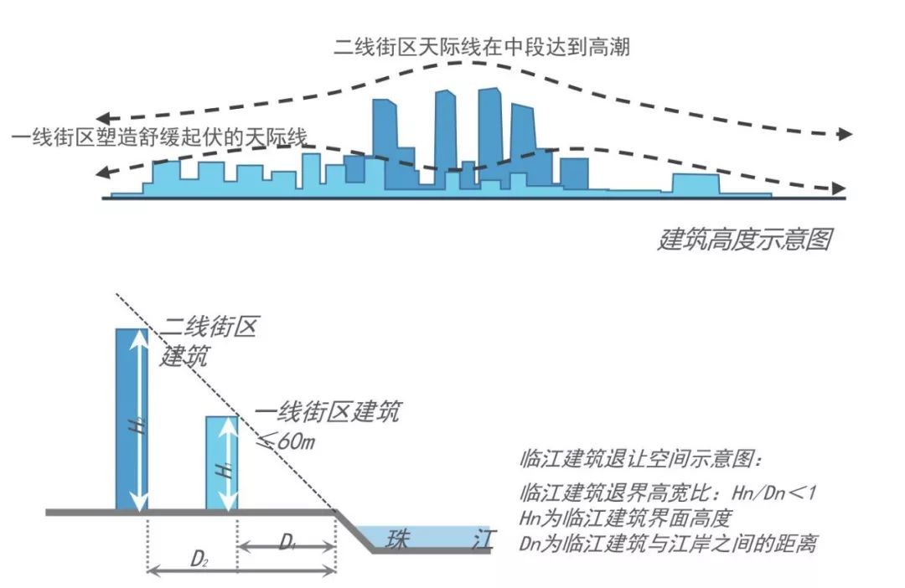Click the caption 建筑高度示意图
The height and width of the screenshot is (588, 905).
pos(744,240)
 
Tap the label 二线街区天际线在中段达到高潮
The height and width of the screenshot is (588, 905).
pos(481,47)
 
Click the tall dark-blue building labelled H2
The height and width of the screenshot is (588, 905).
pos(132,419)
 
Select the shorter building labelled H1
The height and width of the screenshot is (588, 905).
pos(222,462)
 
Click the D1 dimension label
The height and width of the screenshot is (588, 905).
pos(287,543)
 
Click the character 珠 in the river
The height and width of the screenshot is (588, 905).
pos(396,539)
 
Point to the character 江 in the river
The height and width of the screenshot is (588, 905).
pos(481,538)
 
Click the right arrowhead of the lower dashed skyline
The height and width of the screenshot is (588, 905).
pos(838,189)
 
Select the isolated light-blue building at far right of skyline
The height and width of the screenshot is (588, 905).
pos(696,184)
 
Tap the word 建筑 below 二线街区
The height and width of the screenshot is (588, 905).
pos(184,355)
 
